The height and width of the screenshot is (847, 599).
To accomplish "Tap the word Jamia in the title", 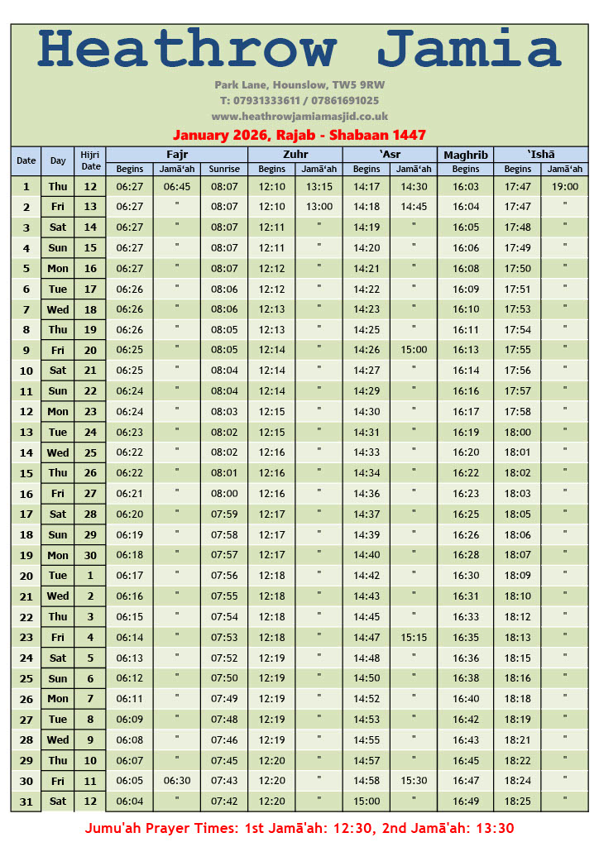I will click(x=469, y=49).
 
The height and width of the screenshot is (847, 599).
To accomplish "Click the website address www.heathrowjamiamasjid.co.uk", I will click(x=299, y=117).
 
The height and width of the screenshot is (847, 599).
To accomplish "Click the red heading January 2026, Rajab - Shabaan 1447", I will click(x=299, y=135).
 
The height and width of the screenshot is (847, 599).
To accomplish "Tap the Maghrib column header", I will click(x=466, y=155).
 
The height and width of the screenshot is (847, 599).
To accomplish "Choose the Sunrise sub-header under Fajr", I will click(x=224, y=169).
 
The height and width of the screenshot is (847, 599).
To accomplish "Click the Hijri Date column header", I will click(x=90, y=160).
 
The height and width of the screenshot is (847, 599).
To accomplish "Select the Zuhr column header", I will click(x=295, y=154).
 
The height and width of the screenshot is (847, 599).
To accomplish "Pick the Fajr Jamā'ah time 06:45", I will click(x=177, y=187).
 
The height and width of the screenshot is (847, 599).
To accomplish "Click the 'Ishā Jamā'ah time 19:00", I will click(x=565, y=187).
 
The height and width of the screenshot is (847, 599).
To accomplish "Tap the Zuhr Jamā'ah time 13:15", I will click(x=319, y=187).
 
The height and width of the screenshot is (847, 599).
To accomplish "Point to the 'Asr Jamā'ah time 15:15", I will click(x=414, y=638).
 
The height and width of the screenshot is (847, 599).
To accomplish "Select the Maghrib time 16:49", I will click(x=466, y=802).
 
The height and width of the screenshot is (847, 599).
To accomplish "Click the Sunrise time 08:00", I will click(x=224, y=494).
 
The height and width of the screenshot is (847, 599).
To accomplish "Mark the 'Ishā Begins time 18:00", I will click(x=518, y=433).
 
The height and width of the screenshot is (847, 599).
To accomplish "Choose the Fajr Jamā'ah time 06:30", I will click(x=177, y=781).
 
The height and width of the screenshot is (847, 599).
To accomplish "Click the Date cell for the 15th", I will click(x=26, y=474).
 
